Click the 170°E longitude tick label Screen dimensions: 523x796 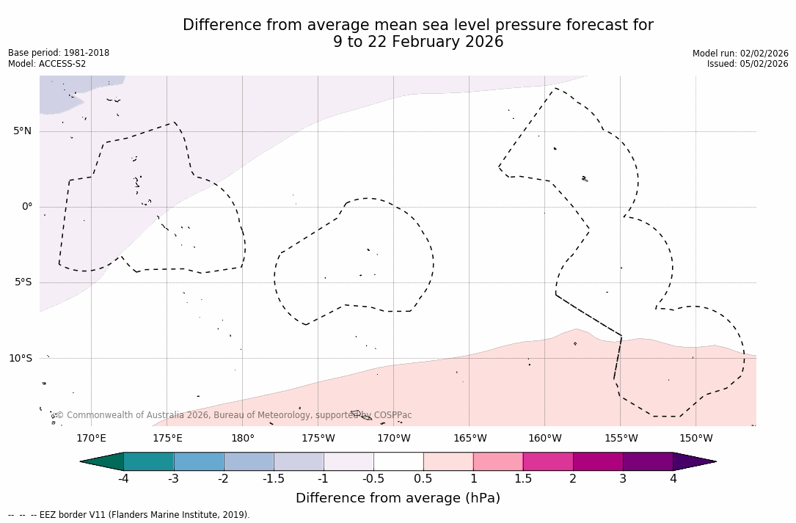point(91,439)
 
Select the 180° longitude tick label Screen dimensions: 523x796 point(243,439)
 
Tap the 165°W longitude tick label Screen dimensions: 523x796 point(470,439)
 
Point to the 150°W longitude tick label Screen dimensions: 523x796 point(696,439)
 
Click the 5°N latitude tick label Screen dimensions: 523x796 point(23,131)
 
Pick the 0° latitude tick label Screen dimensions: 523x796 point(27,207)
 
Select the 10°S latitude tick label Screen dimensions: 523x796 point(21,358)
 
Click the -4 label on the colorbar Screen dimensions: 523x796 point(123,479)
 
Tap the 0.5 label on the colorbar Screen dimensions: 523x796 point(423,479)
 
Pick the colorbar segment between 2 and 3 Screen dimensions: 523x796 point(598,461)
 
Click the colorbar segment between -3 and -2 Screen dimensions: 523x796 point(199,461)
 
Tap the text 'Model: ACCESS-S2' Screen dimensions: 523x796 point(47,64)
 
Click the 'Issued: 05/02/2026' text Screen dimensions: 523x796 point(748,64)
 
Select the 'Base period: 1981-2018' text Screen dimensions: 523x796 point(59,53)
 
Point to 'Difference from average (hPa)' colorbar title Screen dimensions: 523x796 point(398,498)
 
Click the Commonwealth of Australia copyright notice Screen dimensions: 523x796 point(233,415)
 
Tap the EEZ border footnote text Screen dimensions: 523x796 point(129,515)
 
